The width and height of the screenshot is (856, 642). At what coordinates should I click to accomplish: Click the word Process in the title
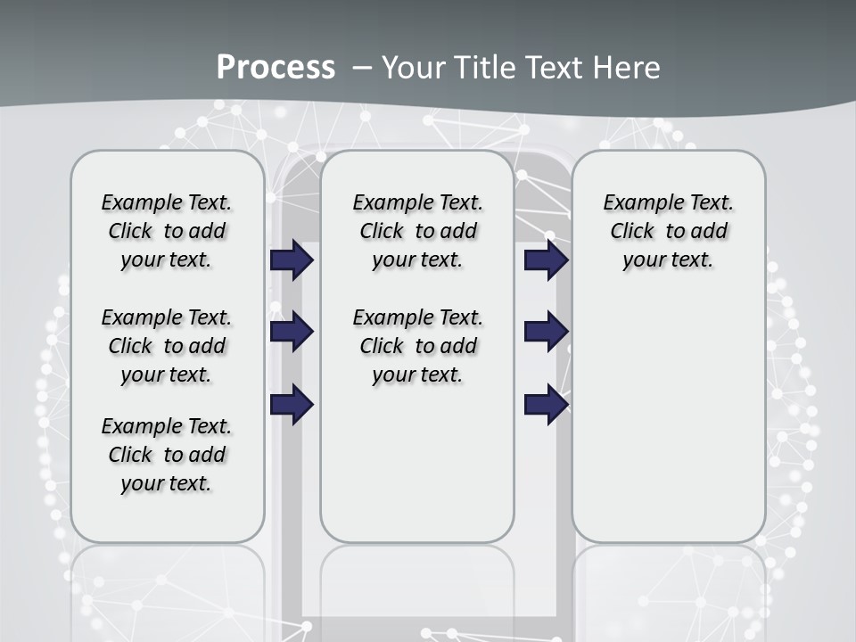click(276, 67)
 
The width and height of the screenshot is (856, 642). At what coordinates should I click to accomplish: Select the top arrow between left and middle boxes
click(292, 260)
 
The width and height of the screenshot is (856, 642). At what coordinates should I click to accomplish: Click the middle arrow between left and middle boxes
click(292, 332)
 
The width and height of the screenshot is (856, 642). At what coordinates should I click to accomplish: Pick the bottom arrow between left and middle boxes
click(292, 405)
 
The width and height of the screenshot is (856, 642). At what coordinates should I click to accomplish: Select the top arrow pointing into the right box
click(546, 260)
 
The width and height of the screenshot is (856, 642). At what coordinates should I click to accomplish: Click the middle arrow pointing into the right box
click(546, 332)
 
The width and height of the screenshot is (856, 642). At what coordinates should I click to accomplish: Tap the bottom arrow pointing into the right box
click(546, 405)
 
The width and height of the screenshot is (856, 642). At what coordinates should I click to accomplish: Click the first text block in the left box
click(167, 231)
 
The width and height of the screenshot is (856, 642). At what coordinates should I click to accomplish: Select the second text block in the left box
click(167, 346)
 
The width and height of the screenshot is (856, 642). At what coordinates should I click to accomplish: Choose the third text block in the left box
click(167, 455)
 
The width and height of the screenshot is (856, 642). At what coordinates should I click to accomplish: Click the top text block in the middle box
click(417, 231)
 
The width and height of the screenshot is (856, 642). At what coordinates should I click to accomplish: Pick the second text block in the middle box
click(417, 346)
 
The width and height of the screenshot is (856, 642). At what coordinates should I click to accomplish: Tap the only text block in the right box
click(668, 231)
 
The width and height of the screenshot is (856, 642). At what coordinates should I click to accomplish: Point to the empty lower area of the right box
click(668, 419)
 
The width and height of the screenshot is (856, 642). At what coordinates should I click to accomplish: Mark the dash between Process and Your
click(361, 67)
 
